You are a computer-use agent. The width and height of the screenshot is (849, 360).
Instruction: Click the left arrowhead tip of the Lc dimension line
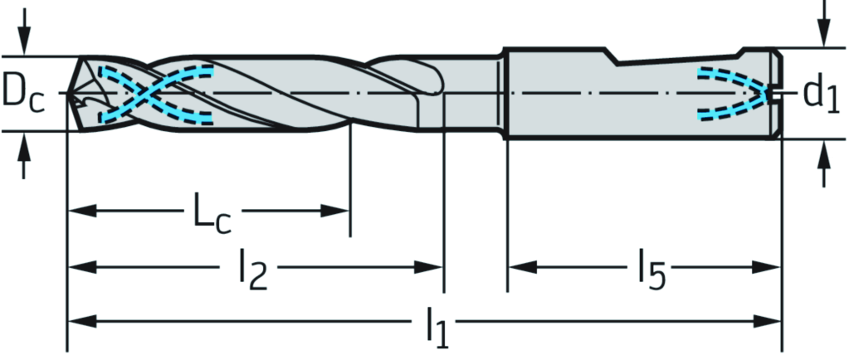click(68, 211)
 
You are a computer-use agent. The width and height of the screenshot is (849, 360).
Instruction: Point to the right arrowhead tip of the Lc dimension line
click(349, 211)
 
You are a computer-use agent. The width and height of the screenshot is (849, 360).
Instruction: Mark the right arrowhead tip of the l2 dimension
click(442, 267)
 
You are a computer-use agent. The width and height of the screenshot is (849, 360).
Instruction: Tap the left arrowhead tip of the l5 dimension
click(509, 267)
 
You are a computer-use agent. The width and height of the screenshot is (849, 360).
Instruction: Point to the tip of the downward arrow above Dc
click(23, 53)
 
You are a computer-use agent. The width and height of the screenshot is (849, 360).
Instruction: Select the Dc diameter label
click(22, 94)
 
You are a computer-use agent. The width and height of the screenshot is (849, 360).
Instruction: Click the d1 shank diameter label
click(821, 93)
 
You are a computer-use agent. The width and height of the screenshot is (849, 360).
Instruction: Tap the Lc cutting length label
click(212, 216)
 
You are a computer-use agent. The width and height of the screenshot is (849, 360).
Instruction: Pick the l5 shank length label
click(651, 269)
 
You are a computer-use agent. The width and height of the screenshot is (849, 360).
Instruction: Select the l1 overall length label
click(437, 328)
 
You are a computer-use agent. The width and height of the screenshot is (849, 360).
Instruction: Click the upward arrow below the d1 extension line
click(823, 163)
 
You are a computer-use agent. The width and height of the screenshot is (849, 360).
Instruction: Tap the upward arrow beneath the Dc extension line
click(23, 156)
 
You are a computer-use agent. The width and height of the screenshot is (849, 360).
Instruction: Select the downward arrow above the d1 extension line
click(823, 23)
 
